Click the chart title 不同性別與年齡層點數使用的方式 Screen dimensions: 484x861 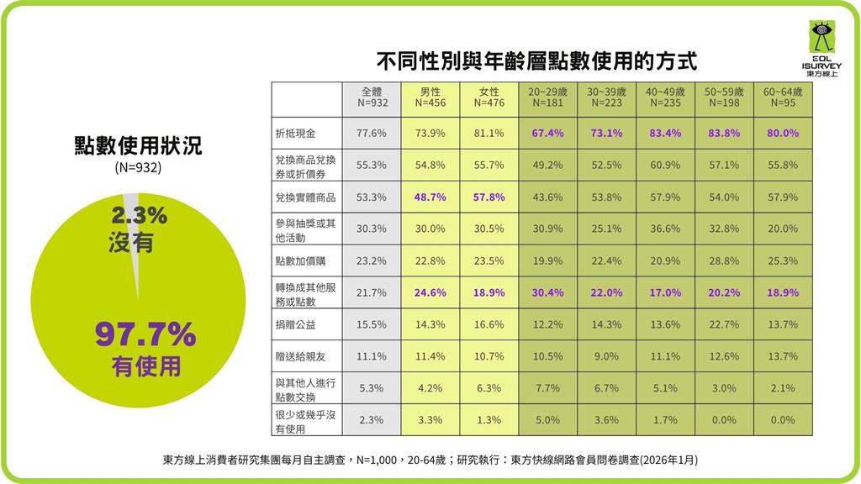536,61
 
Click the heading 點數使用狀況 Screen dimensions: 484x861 138,147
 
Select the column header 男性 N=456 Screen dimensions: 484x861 430,97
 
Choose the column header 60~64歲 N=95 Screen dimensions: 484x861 783,97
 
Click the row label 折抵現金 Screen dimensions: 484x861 292,133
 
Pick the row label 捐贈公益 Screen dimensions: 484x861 292,324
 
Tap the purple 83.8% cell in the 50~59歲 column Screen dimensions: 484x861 724,133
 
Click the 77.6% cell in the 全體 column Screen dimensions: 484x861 371,133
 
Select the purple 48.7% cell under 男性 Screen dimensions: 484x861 430,197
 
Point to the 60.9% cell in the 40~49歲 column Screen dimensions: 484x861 665,165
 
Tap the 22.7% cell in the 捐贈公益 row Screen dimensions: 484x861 724,324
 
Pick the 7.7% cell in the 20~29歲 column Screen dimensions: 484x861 547,388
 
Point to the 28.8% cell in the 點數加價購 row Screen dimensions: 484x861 724,260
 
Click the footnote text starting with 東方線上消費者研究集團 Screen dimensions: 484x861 430,460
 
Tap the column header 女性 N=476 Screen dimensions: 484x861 489,97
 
